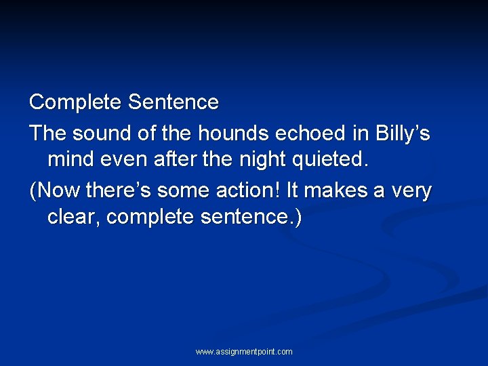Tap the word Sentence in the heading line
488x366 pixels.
pyautogui.click(x=174, y=103)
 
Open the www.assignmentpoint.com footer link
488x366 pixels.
pyautogui.click(x=244, y=352)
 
